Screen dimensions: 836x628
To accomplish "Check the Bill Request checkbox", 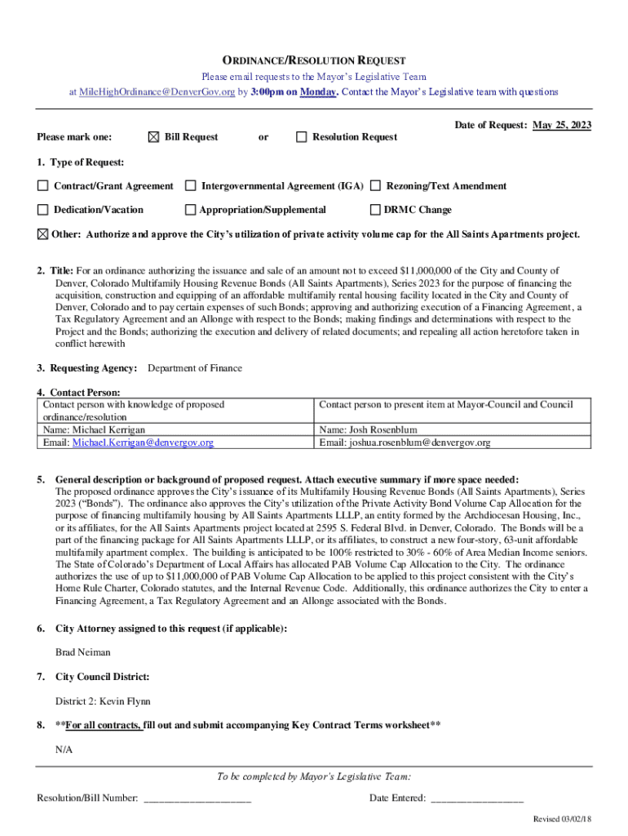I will [154, 137].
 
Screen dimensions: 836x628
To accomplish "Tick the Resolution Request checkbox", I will [301, 137].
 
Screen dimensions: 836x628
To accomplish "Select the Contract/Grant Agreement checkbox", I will [42, 186].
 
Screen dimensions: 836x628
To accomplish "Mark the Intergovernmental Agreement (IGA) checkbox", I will [191, 186].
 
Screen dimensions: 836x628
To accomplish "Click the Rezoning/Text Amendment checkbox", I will [376, 186].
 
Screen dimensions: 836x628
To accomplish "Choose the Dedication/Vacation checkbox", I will [42, 210].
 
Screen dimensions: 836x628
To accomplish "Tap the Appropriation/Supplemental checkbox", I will [191, 210].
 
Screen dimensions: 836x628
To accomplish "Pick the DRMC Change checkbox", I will [376, 210].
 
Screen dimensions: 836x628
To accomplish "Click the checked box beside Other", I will [42, 234].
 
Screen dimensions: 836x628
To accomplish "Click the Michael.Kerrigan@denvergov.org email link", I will [143, 442].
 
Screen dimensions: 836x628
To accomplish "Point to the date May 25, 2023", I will [563, 125].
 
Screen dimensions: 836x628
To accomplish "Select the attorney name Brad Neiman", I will [82, 652].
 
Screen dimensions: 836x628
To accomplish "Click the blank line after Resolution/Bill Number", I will [197, 798].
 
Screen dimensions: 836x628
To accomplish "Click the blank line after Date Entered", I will [476, 798].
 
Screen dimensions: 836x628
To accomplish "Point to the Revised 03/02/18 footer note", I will [562, 819].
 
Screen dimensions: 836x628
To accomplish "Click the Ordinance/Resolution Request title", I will [314, 61].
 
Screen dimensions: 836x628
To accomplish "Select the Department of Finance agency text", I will [195, 368].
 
